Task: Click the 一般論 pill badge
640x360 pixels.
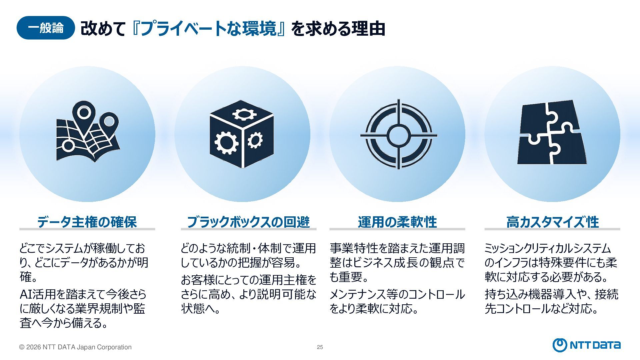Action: pyautogui.click(x=46, y=28)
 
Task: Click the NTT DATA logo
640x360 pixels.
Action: pyautogui.click(x=586, y=345)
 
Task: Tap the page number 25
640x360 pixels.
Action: pyautogui.click(x=320, y=347)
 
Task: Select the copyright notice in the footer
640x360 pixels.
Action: pyautogui.click(x=75, y=347)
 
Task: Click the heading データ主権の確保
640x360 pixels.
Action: pyautogui.click(x=87, y=222)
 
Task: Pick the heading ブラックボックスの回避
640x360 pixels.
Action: pyautogui.click(x=248, y=222)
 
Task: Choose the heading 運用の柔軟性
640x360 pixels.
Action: pyautogui.click(x=397, y=222)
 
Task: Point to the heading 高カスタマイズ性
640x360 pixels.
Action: pyautogui.click(x=552, y=222)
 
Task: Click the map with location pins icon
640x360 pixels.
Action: pyautogui.click(x=88, y=132)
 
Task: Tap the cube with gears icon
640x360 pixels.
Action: pyautogui.click(x=242, y=133)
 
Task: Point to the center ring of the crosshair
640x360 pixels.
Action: pyautogui.click(x=398, y=135)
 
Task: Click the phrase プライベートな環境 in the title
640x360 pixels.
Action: pyautogui.click(x=208, y=29)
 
